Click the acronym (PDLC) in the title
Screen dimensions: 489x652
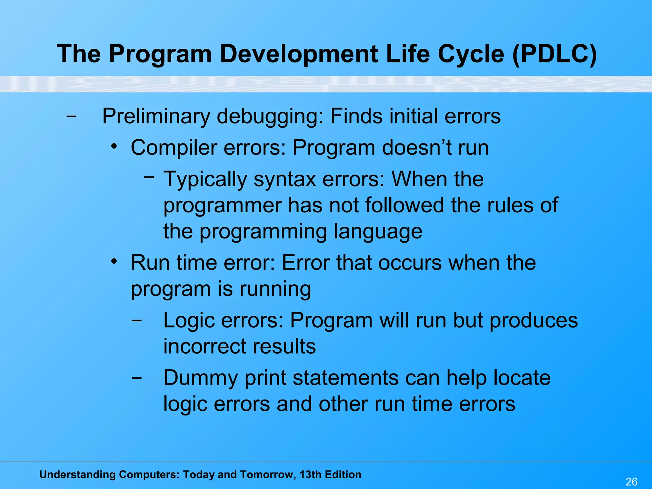pyautogui.click(x=555, y=54)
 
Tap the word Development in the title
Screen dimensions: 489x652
pyautogui.click(x=299, y=54)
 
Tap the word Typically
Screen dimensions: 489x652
pyautogui.click(x=205, y=180)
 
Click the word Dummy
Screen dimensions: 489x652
pyautogui.click(x=201, y=378)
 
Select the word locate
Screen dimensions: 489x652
pyautogui.click(x=522, y=378)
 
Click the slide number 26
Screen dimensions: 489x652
pyautogui.click(x=632, y=482)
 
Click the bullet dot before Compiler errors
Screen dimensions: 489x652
pyautogui.click(x=114, y=147)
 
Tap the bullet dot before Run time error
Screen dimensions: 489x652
pyautogui.click(x=114, y=262)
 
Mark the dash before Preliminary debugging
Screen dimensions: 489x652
pyautogui.click(x=71, y=117)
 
